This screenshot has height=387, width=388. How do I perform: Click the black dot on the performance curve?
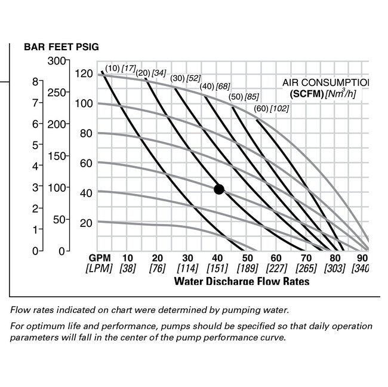218,189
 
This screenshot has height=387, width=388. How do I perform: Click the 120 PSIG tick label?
84,74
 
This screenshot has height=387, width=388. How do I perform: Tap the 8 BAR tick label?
36,82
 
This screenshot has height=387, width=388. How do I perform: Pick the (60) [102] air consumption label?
272,109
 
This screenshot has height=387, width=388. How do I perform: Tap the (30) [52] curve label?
186,78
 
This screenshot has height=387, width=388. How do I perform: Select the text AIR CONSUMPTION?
325,82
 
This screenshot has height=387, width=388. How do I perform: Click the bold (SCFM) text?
306,94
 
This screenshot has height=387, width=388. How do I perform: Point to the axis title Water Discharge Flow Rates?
241,280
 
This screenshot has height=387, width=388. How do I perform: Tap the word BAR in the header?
34,47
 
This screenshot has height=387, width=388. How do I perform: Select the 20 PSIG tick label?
87,223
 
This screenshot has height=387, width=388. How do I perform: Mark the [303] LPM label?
335,268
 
